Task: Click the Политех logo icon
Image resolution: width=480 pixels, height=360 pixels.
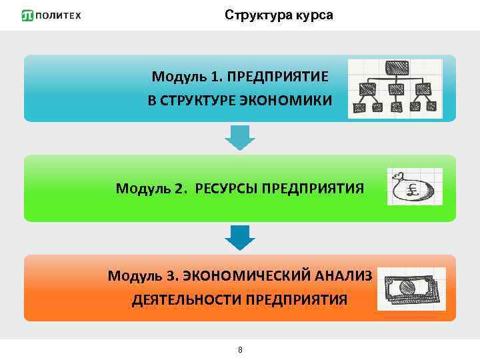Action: coord(27,15)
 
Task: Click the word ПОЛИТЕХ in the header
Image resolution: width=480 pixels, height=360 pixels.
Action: coord(58,15)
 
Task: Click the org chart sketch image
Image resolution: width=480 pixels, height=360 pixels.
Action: coord(395,89)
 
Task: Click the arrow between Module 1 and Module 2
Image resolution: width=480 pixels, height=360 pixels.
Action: coord(239,137)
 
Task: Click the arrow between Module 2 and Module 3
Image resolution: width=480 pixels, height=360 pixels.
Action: coord(239,237)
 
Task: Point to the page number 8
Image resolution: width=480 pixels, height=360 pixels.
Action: coord(240,350)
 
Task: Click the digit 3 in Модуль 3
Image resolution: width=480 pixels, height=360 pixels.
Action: coord(173,275)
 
